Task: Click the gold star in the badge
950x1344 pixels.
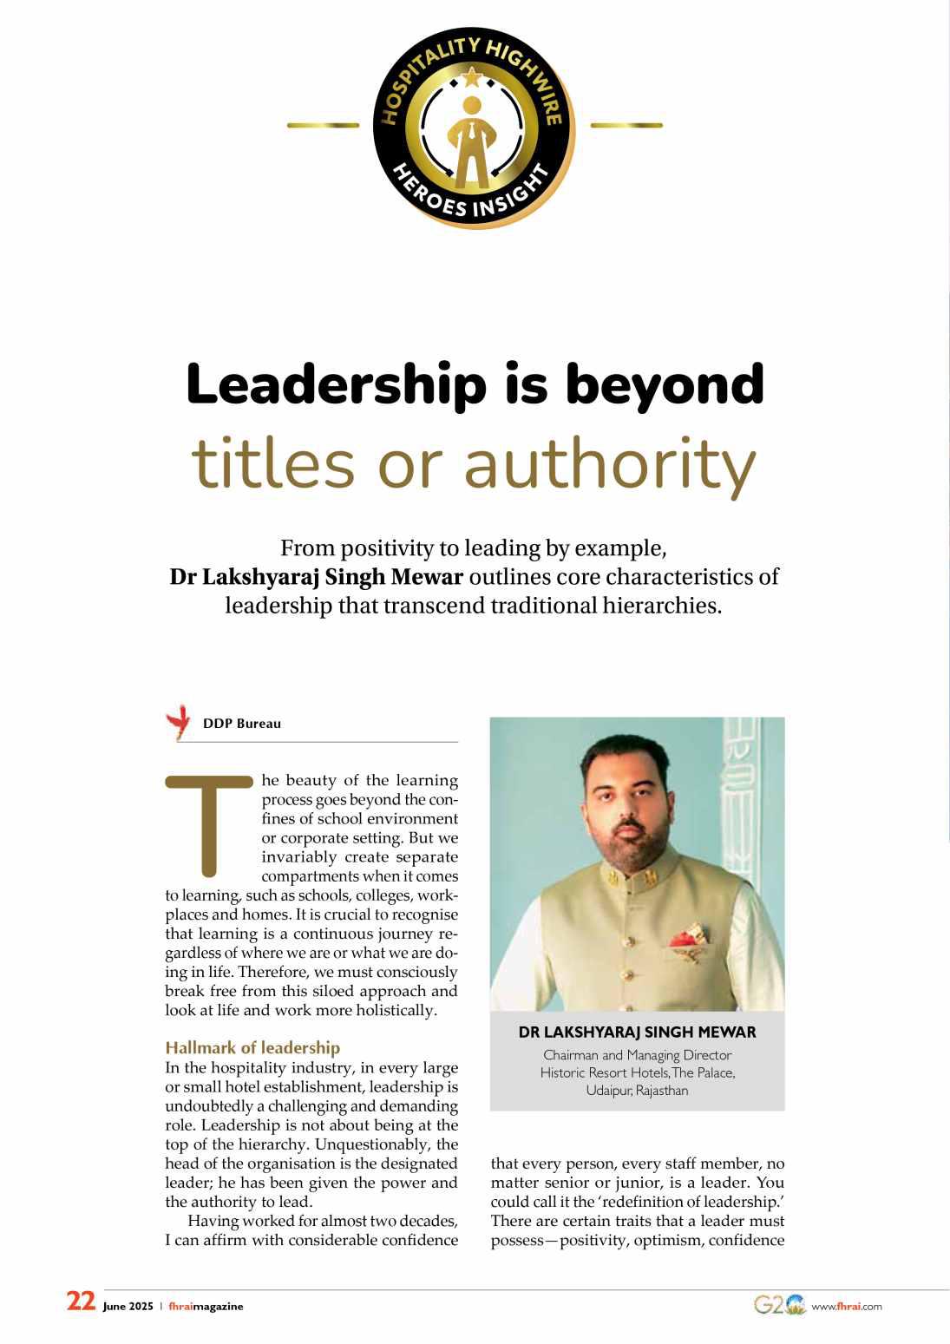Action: pos(471,80)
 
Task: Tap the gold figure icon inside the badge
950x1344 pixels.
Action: pos(471,143)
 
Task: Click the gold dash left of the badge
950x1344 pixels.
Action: pos(323,126)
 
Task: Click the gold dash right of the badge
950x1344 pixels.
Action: pos(626,126)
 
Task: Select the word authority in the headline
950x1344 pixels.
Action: pos(610,465)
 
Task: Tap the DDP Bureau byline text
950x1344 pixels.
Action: pos(242,724)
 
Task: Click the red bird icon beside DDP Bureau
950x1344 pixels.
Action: pos(180,721)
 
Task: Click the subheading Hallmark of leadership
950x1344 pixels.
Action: pos(252,1048)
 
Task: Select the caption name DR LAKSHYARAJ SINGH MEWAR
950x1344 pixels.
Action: pos(637,1033)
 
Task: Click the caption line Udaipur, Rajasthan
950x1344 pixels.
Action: pos(637,1091)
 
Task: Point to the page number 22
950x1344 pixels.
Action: pos(81,1301)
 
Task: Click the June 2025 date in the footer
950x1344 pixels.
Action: pos(128,1307)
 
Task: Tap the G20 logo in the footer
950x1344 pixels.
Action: pos(778,1305)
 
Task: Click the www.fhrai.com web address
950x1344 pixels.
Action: pos(846,1307)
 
